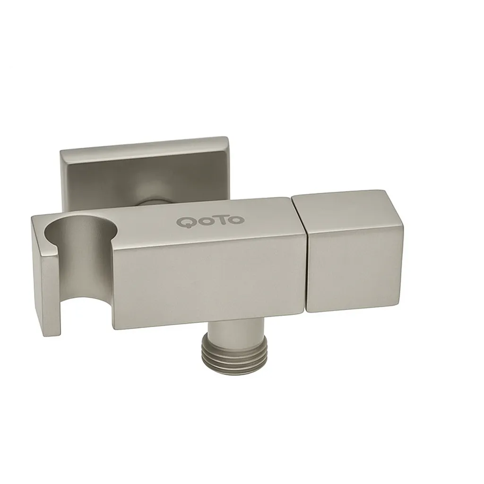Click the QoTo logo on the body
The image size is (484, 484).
coord(210,221)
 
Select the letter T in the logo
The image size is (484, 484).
coord(220,220)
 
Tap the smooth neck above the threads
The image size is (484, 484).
coord(235,328)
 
